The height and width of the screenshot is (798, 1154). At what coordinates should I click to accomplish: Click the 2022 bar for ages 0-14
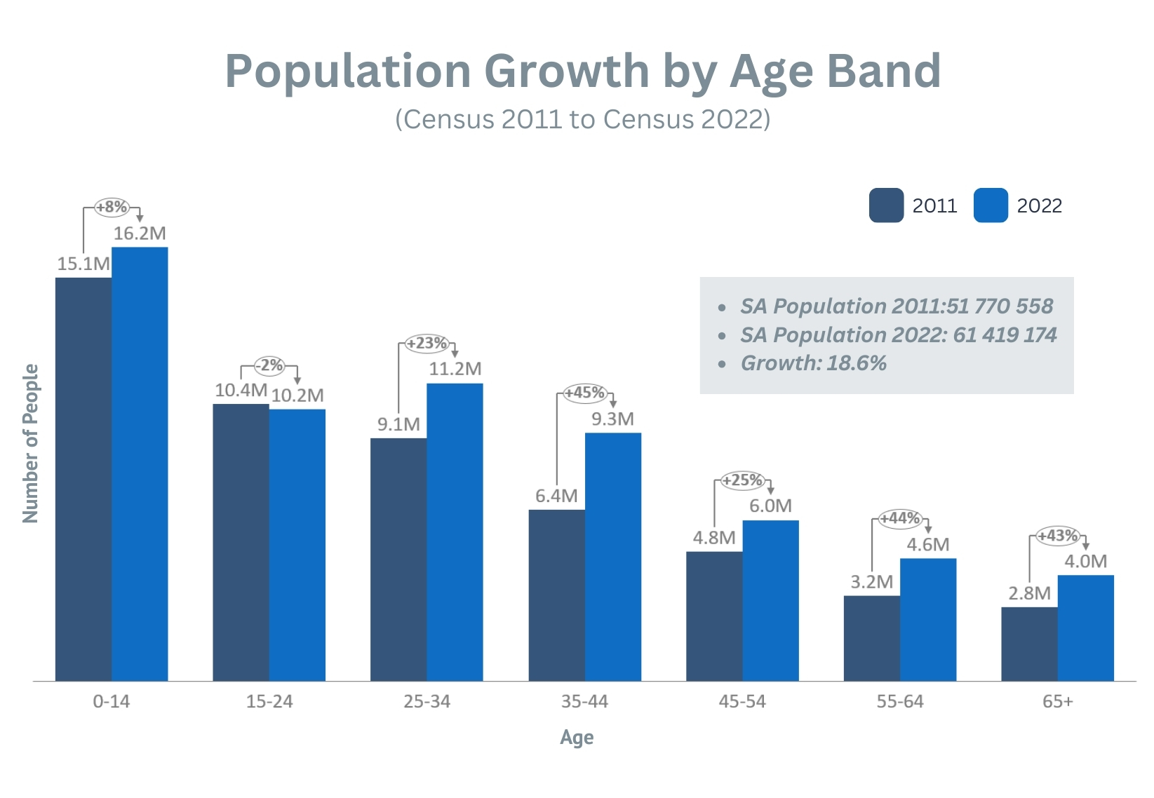click(x=140, y=464)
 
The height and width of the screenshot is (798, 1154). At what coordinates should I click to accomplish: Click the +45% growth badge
click(x=585, y=393)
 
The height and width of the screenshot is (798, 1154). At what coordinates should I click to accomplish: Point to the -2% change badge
click(x=269, y=365)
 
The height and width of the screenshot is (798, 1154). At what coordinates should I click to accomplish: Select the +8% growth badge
click(x=112, y=207)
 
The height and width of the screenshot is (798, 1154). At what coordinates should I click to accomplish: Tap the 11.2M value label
click(x=455, y=369)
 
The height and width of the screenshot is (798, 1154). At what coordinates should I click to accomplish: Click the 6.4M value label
click(x=556, y=496)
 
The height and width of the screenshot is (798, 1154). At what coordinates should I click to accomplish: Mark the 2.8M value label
click(x=1029, y=593)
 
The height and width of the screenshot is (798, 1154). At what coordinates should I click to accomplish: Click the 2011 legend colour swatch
click(x=886, y=205)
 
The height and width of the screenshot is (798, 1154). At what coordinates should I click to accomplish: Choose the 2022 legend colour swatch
click(x=991, y=205)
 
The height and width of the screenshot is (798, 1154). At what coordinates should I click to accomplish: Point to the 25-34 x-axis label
click(x=427, y=701)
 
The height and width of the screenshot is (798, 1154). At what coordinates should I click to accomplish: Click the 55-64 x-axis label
click(x=900, y=701)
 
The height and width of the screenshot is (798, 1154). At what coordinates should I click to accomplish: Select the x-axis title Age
click(x=577, y=738)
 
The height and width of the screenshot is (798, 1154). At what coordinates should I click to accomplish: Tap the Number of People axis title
click(x=31, y=443)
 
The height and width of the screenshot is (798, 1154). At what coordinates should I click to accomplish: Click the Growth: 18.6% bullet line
click(x=813, y=363)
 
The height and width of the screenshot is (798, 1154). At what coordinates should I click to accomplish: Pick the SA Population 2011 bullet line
click(x=896, y=306)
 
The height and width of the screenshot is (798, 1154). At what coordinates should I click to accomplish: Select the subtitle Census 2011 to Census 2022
click(x=582, y=119)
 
